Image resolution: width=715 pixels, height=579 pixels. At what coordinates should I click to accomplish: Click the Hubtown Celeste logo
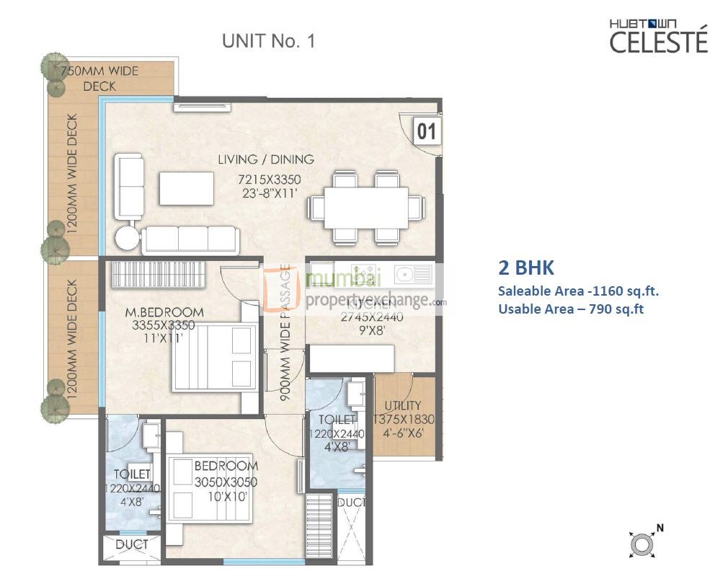649,36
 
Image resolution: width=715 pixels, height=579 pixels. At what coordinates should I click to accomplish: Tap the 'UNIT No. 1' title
268,41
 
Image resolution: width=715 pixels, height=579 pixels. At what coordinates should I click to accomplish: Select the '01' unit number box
427,132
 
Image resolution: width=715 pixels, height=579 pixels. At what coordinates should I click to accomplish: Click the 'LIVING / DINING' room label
266,159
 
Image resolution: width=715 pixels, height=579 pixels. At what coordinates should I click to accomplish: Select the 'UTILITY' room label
403,405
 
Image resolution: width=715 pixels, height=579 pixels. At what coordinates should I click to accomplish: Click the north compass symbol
641,544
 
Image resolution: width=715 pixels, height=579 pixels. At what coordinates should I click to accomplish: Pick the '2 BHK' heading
526,268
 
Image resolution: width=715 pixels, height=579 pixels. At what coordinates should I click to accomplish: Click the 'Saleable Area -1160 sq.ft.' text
578,291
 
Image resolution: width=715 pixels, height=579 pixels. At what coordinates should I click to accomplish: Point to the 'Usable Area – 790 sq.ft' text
570,309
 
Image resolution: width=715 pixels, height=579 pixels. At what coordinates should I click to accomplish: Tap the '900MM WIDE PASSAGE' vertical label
285,336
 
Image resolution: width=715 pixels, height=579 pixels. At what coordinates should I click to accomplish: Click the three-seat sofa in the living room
190,239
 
